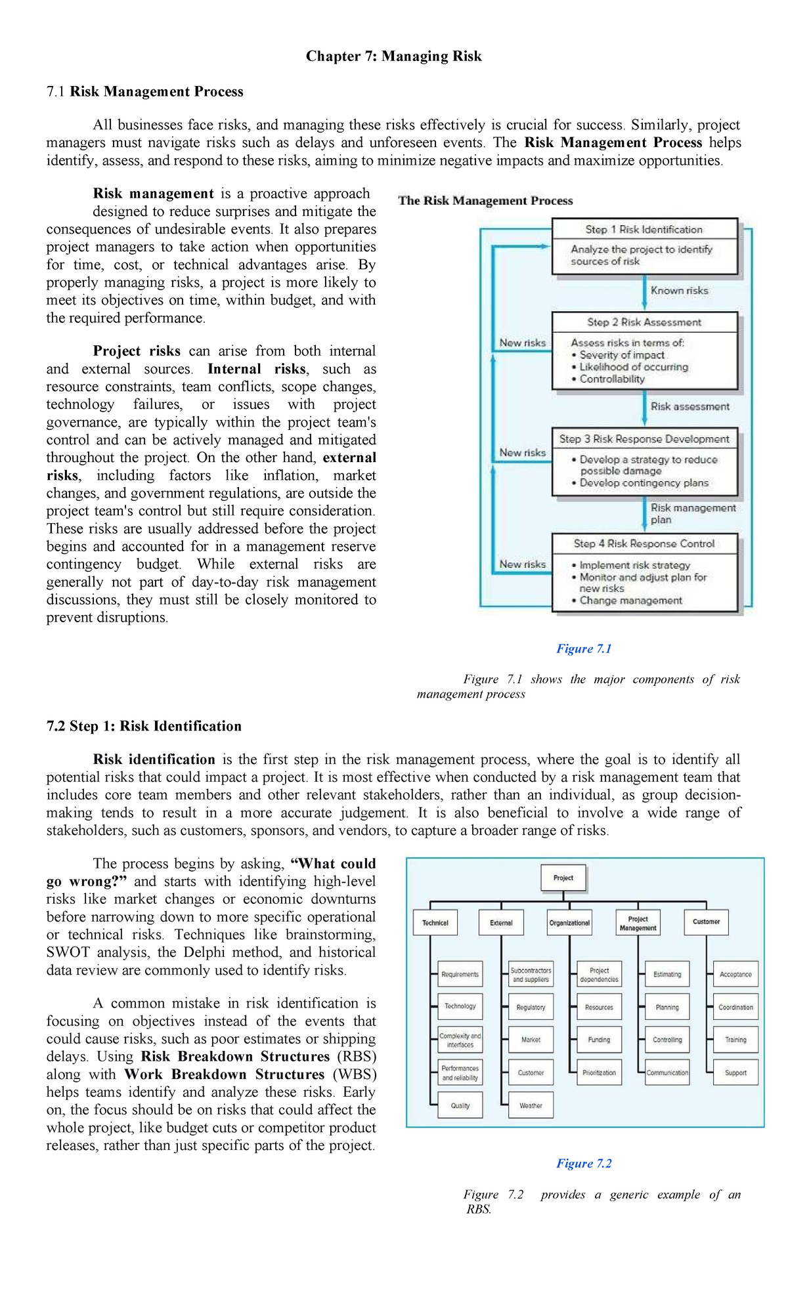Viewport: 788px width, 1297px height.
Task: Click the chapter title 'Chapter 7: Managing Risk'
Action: coord(393,56)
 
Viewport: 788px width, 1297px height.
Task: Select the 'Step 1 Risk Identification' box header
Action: coord(644,229)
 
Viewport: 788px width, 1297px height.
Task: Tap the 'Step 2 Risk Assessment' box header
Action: coord(644,322)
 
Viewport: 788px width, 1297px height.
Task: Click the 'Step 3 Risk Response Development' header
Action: coord(644,439)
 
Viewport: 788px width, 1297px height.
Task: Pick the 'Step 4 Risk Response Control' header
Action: coord(644,543)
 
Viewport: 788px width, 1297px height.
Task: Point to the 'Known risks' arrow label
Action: coord(679,291)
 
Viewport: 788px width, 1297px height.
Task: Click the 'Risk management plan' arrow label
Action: coord(692,513)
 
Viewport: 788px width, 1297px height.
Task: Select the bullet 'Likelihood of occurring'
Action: coord(633,367)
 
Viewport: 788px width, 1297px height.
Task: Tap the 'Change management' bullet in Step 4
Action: coord(630,601)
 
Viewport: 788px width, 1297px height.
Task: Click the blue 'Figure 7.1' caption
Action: coord(584,648)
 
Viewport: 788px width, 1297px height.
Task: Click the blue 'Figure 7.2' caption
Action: coord(584,1163)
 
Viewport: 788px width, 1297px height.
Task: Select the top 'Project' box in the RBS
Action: coord(563,878)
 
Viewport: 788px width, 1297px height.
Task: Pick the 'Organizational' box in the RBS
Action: coord(569,923)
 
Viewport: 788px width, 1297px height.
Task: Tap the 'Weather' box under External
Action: coord(531,1105)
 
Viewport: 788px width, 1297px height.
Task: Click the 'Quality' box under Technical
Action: coord(460,1105)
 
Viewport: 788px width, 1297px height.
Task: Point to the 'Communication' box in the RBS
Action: coord(667,1073)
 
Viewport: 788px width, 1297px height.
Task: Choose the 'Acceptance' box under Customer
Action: coord(735,974)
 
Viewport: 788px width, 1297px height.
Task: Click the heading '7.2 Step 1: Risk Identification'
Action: coord(144,726)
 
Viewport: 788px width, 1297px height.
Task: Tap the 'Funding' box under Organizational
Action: coord(599,1040)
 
